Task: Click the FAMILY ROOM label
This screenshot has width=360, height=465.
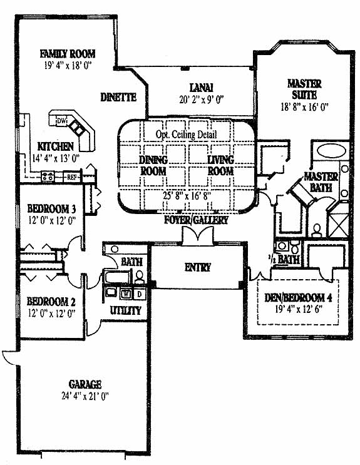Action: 68,54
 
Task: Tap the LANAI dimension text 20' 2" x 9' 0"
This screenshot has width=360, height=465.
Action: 201,100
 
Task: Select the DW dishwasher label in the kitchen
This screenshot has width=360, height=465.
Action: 61,121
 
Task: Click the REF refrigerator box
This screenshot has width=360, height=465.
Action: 71,177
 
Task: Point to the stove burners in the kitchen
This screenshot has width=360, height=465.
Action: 48,176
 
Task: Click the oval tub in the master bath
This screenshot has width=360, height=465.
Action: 331,151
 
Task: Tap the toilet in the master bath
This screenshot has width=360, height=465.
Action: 317,231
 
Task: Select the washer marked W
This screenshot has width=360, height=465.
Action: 126,294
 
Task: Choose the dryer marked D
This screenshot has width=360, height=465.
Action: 140,294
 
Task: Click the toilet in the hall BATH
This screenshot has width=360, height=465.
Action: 139,277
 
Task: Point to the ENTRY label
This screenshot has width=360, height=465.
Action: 198,267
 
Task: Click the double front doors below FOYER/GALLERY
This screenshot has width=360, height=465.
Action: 198,236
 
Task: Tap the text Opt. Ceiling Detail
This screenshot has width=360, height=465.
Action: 187,135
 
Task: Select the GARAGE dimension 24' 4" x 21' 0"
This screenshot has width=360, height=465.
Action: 85,396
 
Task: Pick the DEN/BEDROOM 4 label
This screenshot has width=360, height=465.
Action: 298,298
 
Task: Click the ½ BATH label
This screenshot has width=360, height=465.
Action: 284,260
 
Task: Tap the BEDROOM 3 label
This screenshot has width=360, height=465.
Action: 51,209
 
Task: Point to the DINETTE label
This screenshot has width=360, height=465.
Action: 118,97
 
